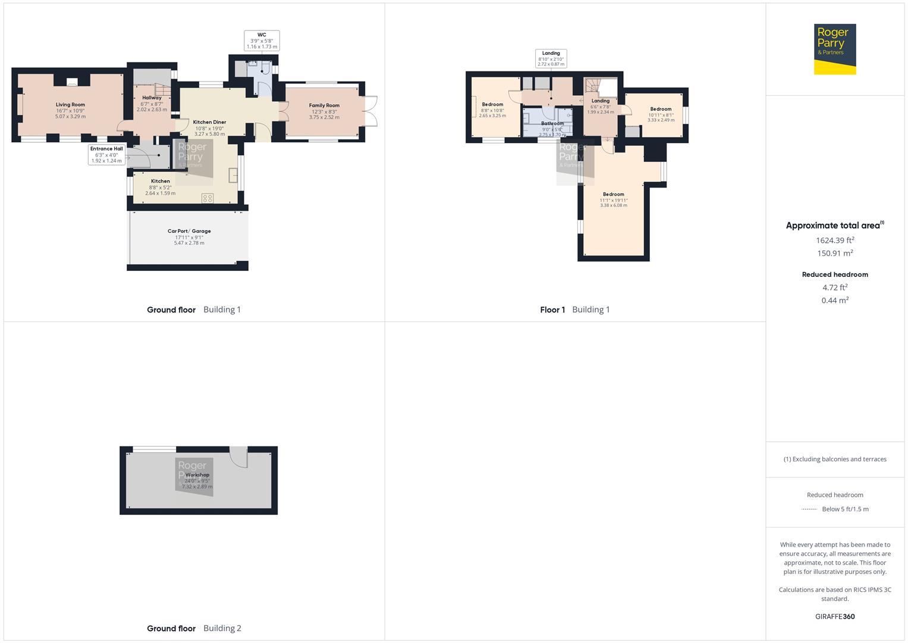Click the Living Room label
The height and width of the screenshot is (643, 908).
pos(70,110)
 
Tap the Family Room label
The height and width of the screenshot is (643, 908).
pos(324,111)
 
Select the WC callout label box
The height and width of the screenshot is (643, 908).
pos(262,40)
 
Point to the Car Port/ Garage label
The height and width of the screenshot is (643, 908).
pos(189,237)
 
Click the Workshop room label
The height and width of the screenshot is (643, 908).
pos(197,480)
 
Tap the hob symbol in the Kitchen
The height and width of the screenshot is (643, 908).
pos(208,198)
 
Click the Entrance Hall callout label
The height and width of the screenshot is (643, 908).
pos(106,155)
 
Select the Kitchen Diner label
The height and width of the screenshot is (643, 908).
pos(209,128)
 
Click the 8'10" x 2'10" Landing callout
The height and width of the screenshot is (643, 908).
pos(551,58)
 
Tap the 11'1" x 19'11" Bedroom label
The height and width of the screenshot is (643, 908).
pos(614,199)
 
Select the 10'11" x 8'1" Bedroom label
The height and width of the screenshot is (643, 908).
pos(661,114)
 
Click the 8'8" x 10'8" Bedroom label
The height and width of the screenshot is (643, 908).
pos(492,110)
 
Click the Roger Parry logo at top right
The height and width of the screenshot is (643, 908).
pos(835,49)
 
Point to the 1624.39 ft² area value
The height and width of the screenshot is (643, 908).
pos(835,241)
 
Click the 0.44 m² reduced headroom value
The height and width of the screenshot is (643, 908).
pos(835,301)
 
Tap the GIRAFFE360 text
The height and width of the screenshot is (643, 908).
pos(835,617)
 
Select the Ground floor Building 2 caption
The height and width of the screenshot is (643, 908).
pos(194,628)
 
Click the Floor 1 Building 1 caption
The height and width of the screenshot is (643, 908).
pos(574,310)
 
